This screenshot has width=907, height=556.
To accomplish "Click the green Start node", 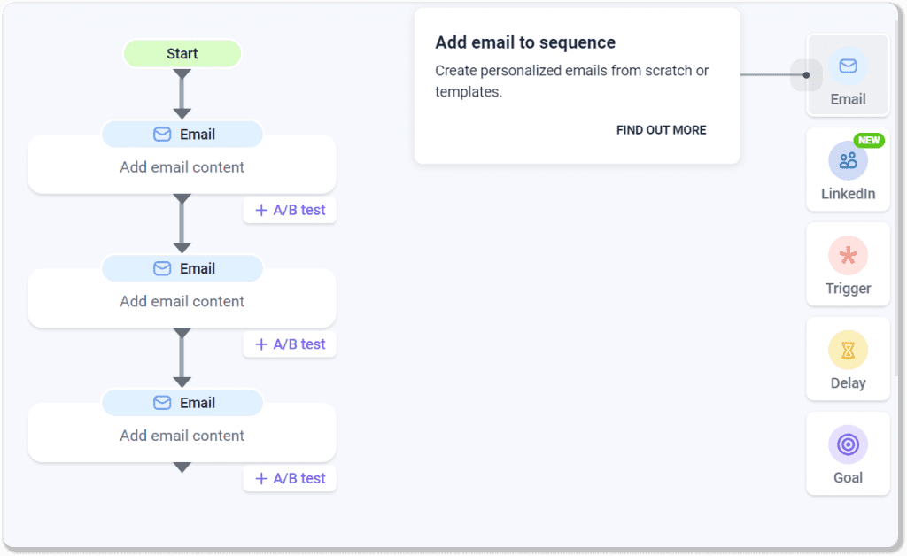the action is point(182,54).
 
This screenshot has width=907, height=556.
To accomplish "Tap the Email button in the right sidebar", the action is point(848,76).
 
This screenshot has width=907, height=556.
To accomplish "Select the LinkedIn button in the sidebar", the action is point(848,171).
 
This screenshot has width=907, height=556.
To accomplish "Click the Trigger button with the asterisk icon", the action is point(848,266).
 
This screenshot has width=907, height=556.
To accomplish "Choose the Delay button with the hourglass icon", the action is point(848,360).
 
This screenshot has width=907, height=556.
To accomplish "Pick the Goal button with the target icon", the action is point(848,454).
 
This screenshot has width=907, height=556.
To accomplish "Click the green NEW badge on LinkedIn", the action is point(869,141).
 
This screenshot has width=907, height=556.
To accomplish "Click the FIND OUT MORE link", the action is point(661,130).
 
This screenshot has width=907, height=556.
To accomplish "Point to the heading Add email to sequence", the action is point(525,42).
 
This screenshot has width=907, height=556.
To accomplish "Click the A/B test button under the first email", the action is point(290,211).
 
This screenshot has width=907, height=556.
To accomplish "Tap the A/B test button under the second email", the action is point(290,344).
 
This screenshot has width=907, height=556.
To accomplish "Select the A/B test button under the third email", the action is point(290,479).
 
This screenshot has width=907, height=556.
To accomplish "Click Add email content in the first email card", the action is point(182,167).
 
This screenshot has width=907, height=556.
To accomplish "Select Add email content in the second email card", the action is point(182,301).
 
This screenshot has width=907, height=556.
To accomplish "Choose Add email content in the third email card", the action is point(182,436).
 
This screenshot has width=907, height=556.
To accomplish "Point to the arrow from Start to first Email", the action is point(182,93).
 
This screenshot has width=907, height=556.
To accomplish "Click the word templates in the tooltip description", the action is point(467,91).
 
